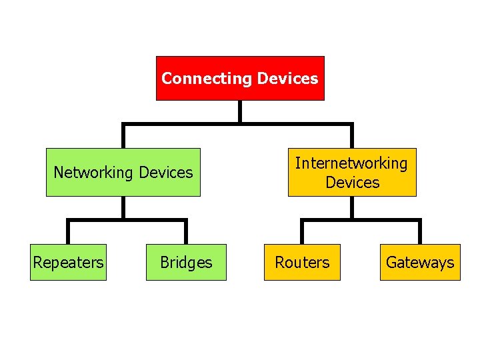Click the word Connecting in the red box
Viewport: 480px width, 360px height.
point(205,79)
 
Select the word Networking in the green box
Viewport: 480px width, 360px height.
point(94,173)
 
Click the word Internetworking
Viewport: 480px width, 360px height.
point(351,163)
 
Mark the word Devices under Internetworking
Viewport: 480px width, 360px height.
point(352,183)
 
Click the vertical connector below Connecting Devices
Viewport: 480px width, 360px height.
point(240,111)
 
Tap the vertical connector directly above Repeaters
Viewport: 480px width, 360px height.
point(68,232)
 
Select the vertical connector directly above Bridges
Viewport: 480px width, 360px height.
point(186,232)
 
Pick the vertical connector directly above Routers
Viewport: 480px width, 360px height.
point(302,232)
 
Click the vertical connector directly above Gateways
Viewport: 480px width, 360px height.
point(420,232)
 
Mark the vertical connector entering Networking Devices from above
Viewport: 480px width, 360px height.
point(123,136)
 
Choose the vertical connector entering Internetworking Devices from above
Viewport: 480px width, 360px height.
point(352,136)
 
